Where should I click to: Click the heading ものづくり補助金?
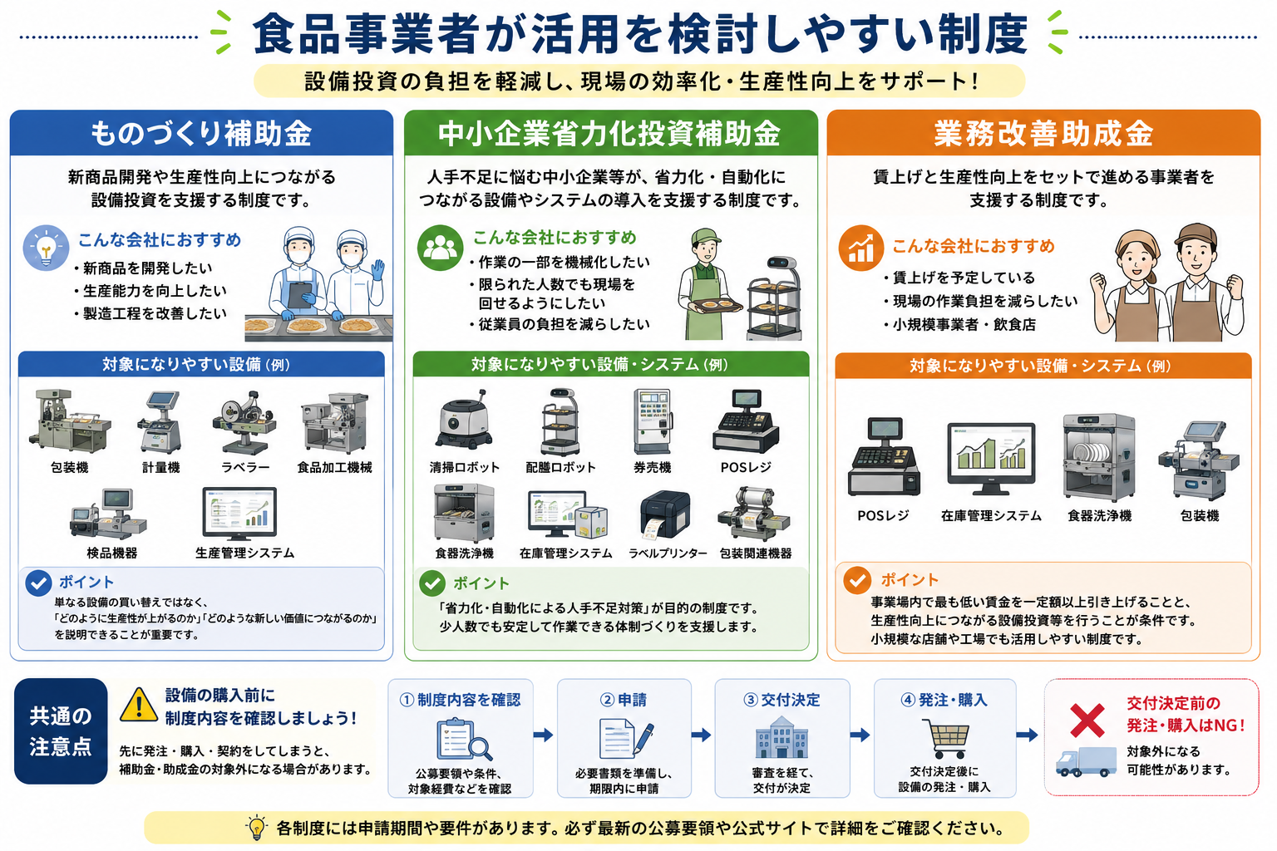click(x=201, y=133)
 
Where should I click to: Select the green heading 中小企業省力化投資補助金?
click(x=609, y=133)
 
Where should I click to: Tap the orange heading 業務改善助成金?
click(x=1043, y=133)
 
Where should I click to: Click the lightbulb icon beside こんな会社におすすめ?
click(x=46, y=248)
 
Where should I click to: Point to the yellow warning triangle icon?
click(x=139, y=705)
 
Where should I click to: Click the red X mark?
click(x=1087, y=721)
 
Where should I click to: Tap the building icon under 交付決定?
click(x=781, y=738)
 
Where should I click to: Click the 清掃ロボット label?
click(x=464, y=468)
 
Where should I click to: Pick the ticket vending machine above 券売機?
click(x=653, y=422)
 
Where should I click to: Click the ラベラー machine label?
click(x=245, y=468)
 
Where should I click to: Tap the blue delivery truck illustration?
click(x=1086, y=761)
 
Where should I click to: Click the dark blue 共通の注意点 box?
click(x=61, y=730)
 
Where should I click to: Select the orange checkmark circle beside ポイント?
click(x=857, y=580)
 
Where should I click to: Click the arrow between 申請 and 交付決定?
click(x=701, y=735)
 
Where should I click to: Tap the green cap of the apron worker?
click(x=705, y=236)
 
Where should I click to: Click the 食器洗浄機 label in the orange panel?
click(x=1099, y=516)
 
